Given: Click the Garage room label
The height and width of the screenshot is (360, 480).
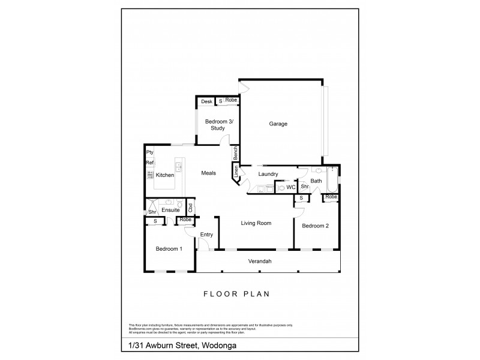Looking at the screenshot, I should pos(278,124).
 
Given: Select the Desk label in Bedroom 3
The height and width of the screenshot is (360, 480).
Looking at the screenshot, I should pos(206,101).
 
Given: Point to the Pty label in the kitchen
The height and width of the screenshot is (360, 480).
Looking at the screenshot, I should pos(150,152).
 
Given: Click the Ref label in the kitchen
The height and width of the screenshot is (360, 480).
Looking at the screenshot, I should pos(150,163).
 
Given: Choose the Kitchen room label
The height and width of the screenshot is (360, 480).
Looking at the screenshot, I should pos(164,175).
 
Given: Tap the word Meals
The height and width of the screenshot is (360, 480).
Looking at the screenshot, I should pos(208,173).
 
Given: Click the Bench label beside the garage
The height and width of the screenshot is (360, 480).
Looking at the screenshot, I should pos(236,153).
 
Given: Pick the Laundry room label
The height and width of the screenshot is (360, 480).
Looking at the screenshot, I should pos(267,175).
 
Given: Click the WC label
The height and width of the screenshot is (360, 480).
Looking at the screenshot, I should pos(290,187).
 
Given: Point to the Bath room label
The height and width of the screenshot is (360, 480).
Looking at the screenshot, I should pos(316,181).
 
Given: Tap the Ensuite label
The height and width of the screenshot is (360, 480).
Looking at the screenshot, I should pos(170,210).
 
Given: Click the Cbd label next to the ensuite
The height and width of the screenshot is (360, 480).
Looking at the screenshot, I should pos(190,208).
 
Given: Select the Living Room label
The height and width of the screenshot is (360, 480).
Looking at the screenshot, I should pos(256,223).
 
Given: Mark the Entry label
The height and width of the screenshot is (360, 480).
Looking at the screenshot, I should pos(206,235).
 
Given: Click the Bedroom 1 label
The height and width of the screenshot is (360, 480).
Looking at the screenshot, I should pos(169,249).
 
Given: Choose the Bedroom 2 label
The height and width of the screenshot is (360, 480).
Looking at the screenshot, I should pos(316,226).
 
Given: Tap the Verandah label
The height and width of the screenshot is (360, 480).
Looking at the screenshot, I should pos(260,261).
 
